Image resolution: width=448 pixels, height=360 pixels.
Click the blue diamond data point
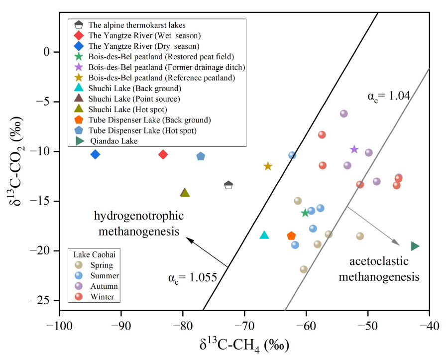point(95,154)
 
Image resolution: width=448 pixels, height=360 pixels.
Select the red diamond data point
point(163,154)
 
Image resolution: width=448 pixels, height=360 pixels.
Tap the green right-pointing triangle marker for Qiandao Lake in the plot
point(415,245)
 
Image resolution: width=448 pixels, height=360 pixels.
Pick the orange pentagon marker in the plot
point(291,236)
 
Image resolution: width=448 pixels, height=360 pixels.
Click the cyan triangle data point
point(264,235)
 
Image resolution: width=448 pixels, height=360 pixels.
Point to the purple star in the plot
point(354,149)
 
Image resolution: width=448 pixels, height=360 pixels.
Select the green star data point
point(305,213)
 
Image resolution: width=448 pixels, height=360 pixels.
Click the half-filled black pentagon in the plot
point(228,185)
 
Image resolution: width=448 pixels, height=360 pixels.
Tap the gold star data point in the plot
point(268,166)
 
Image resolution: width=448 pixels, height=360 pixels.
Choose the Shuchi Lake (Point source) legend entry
point(134,99)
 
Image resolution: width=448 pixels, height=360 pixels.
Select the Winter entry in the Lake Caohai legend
point(102,297)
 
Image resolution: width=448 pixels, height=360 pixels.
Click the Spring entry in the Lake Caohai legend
point(102,265)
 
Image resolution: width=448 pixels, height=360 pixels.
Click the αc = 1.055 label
point(192,277)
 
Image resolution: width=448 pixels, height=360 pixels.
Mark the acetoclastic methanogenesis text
point(379,269)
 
